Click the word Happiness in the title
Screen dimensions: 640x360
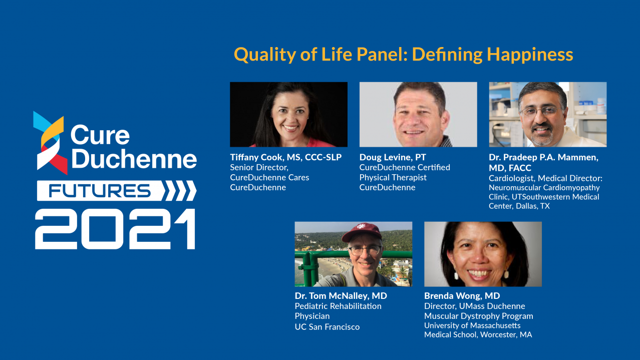point(530,55)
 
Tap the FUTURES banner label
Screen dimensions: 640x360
point(100,191)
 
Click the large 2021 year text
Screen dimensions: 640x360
point(115,229)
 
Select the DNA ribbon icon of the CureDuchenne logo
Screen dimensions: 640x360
point(50,143)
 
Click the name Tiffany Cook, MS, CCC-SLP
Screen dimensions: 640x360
point(286,157)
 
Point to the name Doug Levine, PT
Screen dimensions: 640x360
point(393,157)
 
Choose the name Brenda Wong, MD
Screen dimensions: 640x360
point(462,296)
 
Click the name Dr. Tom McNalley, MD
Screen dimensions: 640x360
point(341,296)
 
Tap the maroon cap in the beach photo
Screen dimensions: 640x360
point(362,232)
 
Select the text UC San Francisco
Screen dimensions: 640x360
point(327,327)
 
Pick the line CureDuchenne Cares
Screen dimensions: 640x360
point(269,177)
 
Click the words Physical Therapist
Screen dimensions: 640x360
point(393,177)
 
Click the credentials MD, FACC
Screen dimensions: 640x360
point(510,168)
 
